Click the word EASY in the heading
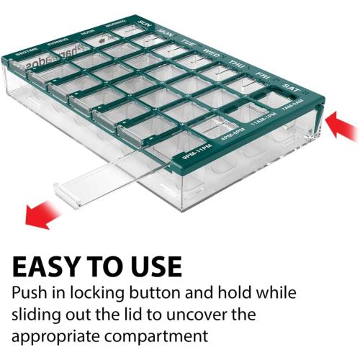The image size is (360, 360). (56, 266)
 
